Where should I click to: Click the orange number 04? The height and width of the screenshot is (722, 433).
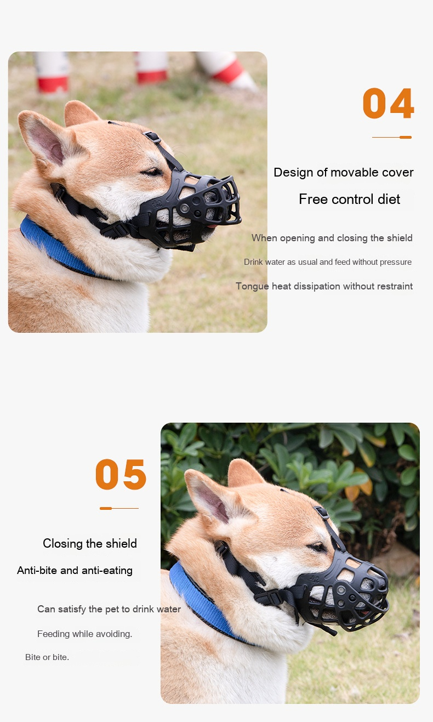coord(388,103)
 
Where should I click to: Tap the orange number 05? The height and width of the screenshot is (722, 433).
coord(121,474)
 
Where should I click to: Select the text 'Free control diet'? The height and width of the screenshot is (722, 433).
coord(349,199)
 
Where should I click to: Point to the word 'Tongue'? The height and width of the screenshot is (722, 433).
coord(252,286)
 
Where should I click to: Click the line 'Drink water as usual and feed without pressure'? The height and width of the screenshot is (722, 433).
coord(328,262)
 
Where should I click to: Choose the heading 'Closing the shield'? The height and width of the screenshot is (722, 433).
coord(90,543)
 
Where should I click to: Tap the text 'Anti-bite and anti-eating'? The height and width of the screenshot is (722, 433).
coord(75,571)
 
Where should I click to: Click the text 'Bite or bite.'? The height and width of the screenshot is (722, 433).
coord(47,657)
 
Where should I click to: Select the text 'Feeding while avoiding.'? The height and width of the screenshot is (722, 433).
coord(85,634)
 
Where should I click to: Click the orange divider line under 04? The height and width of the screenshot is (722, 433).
coord(392,137)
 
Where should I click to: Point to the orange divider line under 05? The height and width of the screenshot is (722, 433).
coord(119,508)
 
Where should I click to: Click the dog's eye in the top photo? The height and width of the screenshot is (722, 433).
coord(152,172)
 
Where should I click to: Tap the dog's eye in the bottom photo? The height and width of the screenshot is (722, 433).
coord(317,547)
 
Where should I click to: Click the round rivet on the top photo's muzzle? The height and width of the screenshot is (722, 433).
coord(185,208)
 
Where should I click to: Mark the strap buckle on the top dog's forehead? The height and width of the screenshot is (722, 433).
coord(152,137)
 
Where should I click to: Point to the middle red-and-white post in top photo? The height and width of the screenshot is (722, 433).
coord(151,67)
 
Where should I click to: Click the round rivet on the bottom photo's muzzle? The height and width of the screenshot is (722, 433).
coord(341,590)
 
